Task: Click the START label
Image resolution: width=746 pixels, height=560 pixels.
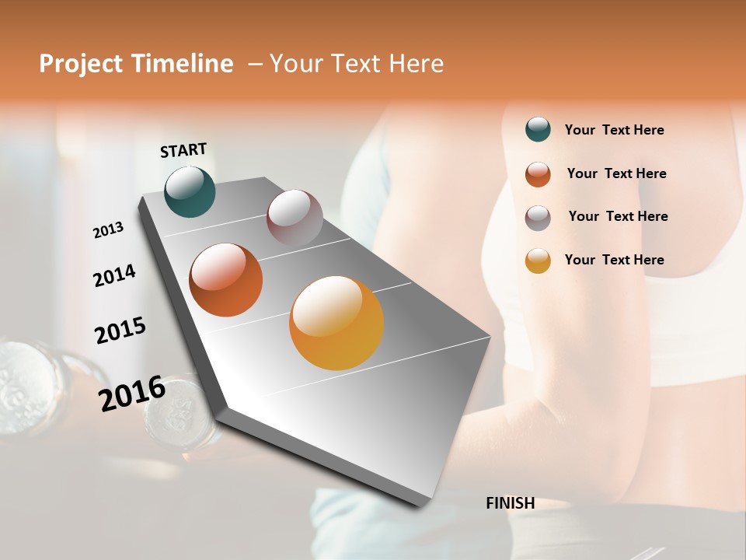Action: pyautogui.click(x=183, y=150)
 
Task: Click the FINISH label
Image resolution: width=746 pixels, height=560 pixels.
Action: pyautogui.click(x=510, y=503)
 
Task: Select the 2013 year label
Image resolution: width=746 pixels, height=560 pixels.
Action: pyautogui.click(x=108, y=230)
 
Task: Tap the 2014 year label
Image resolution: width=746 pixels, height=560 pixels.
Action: pyautogui.click(x=114, y=275)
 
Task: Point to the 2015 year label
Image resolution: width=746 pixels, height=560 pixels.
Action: pyautogui.click(x=120, y=330)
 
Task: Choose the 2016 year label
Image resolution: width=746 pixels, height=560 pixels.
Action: pyautogui.click(x=131, y=393)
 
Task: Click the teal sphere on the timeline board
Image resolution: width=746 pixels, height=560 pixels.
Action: pyautogui.click(x=190, y=191)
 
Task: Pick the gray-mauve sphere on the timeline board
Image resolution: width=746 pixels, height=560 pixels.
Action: pyautogui.click(x=295, y=218)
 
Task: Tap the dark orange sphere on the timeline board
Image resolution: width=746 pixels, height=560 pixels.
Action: pyautogui.click(x=226, y=280)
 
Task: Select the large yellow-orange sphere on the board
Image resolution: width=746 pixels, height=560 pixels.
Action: pyautogui.click(x=336, y=323)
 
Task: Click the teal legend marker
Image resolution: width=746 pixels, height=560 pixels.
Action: pyautogui.click(x=538, y=130)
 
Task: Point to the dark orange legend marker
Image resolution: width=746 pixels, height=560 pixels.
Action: pyautogui.click(x=538, y=174)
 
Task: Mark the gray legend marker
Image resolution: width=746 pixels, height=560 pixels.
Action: pyautogui.click(x=538, y=218)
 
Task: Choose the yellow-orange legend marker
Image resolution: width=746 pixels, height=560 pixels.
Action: pyautogui.click(x=538, y=261)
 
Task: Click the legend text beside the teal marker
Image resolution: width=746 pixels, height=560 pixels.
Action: pyautogui.click(x=614, y=131)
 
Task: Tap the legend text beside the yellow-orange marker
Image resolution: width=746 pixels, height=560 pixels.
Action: pyautogui.click(x=614, y=260)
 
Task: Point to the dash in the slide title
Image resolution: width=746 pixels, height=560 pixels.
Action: pyautogui.click(x=254, y=64)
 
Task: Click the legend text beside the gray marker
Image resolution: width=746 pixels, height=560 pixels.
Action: pyautogui.click(x=618, y=216)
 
